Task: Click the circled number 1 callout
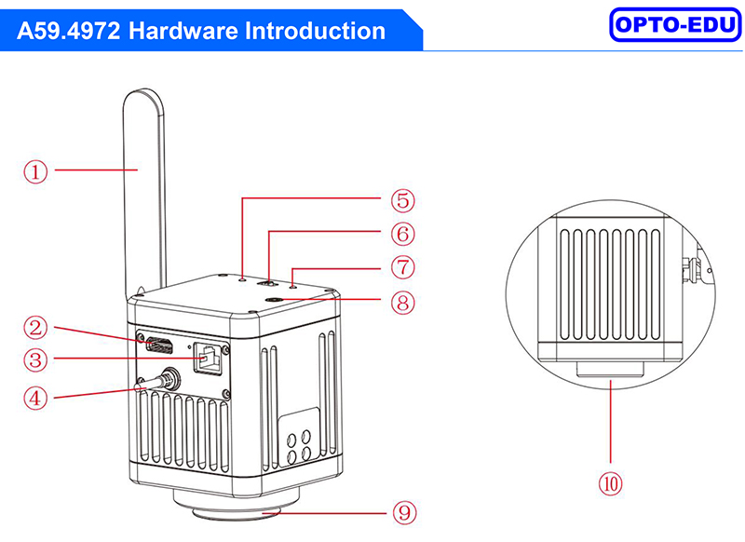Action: [34, 170]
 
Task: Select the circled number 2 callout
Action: [34, 327]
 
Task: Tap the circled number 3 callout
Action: [34, 359]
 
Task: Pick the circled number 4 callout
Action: [34, 398]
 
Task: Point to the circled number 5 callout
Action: [402, 200]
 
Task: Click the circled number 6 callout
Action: [402, 233]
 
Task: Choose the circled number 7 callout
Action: [402, 267]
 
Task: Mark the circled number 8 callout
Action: [402, 302]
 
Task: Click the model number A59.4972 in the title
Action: [69, 31]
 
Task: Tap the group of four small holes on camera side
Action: [301, 447]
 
